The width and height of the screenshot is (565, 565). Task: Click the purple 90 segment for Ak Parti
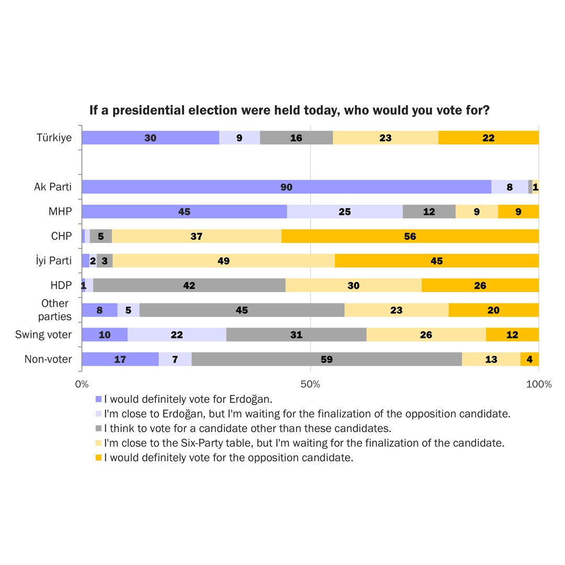pyautogui.click(x=286, y=187)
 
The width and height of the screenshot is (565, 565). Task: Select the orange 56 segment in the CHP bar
pyautogui.click(x=410, y=236)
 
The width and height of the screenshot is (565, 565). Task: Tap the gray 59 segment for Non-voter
pyautogui.click(x=326, y=359)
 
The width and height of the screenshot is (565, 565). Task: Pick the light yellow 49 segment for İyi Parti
pyautogui.click(x=223, y=261)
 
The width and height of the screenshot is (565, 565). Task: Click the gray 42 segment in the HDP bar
pyautogui.click(x=189, y=285)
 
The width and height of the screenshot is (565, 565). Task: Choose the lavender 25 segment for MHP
pyautogui.click(x=344, y=211)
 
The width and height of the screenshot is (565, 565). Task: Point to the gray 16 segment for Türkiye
pyautogui.click(x=296, y=138)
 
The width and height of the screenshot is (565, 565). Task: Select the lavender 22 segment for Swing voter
pyautogui.click(x=176, y=334)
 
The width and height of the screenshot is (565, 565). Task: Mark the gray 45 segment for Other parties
pyautogui.click(x=242, y=310)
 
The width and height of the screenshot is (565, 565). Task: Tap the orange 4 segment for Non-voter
pyautogui.click(x=529, y=359)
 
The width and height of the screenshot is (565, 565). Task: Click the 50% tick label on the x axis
pyautogui.click(x=310, y=385)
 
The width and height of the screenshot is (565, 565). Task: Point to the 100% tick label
pyautogui.click(x=538, y=385)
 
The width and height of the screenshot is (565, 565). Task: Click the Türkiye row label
pyautogui.click(x=54, y=138)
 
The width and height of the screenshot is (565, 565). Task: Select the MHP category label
pyautogui.click(x=60, y=211)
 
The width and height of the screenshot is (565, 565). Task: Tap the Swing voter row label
pyautogui.click(x=43, y=334)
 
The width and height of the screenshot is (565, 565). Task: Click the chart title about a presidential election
pyautogui.click(x=289, y=110)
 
